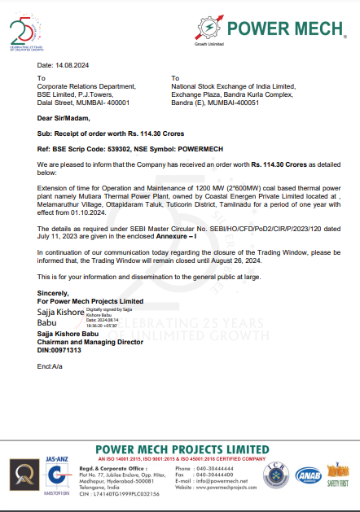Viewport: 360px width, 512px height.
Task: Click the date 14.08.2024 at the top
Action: tap(70, 64)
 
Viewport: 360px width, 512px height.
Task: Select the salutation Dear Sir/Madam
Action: tap(64, 118)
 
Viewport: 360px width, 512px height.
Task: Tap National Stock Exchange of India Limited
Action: tap(226, 84)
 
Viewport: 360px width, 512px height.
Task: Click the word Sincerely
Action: tap(54, 292)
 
